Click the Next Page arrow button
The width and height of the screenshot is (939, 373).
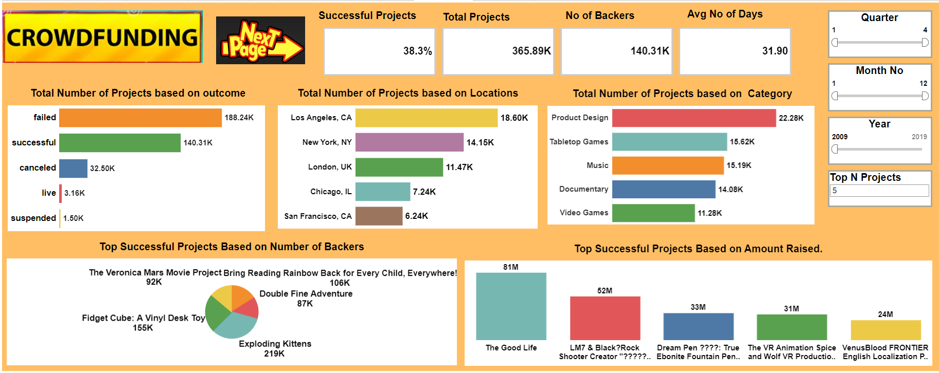pyautogui.click(x=260, y=41)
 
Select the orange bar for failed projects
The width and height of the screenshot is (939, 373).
pyautogui.click(x=140, y=118)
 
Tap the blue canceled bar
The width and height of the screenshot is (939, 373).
pyautogui.click(x=73, y=169)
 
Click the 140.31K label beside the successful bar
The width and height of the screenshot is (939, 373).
pyautogui.click(x=198, y=143)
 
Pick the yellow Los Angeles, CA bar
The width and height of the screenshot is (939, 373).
pyautogui.click(x=426, y=118)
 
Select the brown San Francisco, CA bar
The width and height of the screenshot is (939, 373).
pyautogui.click(x=379, y=216)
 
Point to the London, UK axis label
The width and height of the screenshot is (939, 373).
pyautogui.click(x=330, y=167)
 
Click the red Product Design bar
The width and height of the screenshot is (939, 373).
pyautogui.click(x=694, y=118)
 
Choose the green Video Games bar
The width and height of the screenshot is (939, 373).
pyautogui.click(x=653, y=213)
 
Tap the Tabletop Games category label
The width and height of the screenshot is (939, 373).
pyautogui.click(x=579, y=142)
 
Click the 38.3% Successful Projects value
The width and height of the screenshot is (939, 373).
pyautogui.click(x=417, y=51)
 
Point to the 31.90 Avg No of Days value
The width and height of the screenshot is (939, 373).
pyautogui.click(x=775, y=51)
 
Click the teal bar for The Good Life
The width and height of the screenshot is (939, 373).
pyautogui.click(x=511, y=306)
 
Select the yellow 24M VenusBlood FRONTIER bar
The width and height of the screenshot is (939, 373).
pyautogui.click(x=885, y=330)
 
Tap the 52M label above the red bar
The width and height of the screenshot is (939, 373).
pyautogui.click(x=605, y=291)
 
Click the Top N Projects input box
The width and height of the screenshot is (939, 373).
pyautogui.click(x=879, y=191)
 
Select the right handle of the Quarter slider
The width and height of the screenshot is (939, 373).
pyautogui.click(x=925, y=43)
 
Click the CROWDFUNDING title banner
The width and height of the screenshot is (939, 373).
pyautogui.click(x=102, y=38)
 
